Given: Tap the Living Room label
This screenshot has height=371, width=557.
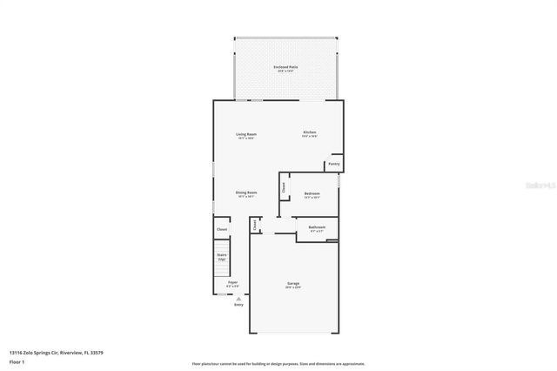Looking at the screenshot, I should point(246,134).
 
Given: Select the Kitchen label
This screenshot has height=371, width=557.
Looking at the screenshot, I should point(309,132).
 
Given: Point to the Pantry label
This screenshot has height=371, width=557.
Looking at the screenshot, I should point(333,163).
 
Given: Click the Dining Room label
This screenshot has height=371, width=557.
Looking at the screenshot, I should point(246,192).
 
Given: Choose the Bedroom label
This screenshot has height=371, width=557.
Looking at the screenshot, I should point(312,193).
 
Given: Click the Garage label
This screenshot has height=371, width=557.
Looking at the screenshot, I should point(294,283).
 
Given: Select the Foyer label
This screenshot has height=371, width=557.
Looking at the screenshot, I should point(232,282).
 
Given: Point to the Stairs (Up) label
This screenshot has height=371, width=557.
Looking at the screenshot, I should point(222,257).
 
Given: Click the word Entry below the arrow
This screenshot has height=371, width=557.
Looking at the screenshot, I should point(239,305).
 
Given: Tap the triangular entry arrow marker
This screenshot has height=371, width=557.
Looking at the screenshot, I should point(239,298).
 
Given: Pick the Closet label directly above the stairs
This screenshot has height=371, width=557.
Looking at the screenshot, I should point(222,229).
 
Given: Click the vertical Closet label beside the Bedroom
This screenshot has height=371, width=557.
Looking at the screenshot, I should point(284,186).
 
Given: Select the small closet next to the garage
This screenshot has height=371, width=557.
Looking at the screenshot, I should point(254,225).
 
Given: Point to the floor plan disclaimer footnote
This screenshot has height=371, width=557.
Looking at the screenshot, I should point(278,364).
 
